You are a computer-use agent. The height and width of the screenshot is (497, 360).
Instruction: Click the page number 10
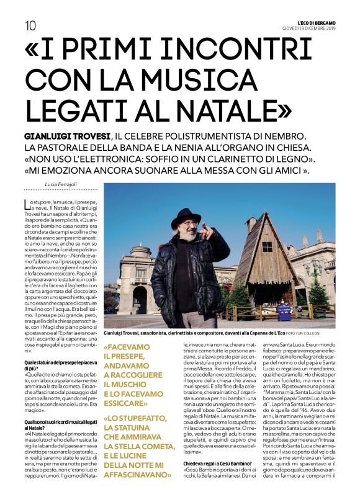pos(30,25)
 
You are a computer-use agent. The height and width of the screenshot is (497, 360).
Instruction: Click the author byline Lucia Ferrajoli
pos(63,184)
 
